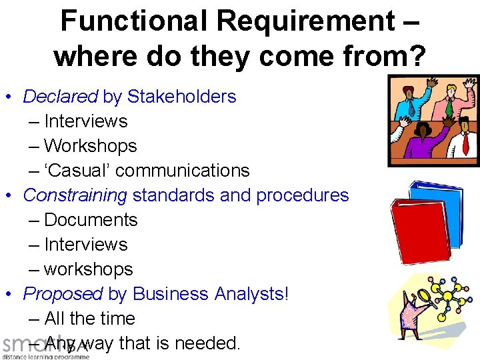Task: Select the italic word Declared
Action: pos(60,97)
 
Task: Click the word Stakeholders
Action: pos(181,97)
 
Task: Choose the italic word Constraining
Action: pos(75,195)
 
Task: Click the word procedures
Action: pos(303,195)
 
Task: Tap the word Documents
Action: pos(91,220)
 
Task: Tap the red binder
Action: pos(417,233)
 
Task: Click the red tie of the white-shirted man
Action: pos(466,144)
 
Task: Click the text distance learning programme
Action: pos(45,356)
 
